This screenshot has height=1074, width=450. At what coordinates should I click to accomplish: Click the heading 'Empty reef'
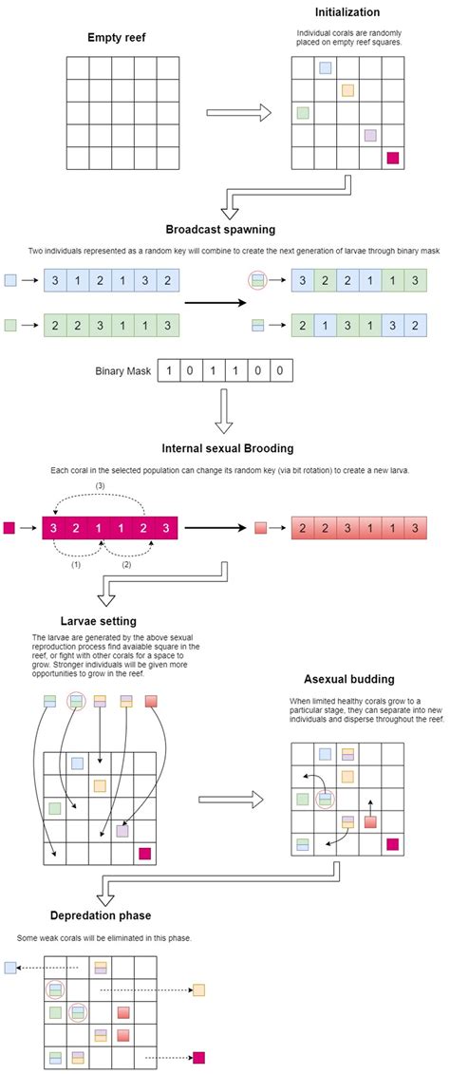(117, 37)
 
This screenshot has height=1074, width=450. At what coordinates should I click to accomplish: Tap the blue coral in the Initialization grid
(326, 67)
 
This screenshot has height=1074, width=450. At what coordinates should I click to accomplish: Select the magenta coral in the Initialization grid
(392, 159)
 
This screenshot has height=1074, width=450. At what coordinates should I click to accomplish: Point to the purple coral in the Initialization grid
(370, 135)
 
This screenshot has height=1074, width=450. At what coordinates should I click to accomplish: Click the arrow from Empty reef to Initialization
(238, 113)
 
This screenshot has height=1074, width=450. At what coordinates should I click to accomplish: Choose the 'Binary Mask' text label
(122, 371)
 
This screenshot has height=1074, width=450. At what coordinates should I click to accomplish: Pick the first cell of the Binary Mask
(168, 371)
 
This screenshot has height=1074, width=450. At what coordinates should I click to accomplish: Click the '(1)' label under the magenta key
(76, 565)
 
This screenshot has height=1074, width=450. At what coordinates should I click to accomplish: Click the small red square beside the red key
(260, 527)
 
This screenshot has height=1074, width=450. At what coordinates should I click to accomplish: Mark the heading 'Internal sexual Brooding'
(228, 449)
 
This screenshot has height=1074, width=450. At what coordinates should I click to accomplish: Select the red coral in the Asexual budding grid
(370, 821)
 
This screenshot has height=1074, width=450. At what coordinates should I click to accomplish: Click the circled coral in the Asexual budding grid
(326, 799)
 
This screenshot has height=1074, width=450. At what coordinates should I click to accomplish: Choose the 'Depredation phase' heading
(100, 915)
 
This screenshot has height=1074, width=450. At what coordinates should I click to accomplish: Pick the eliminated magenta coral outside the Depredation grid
(199, 1058)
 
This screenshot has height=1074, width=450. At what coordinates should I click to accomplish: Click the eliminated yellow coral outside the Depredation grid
(198, 989)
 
